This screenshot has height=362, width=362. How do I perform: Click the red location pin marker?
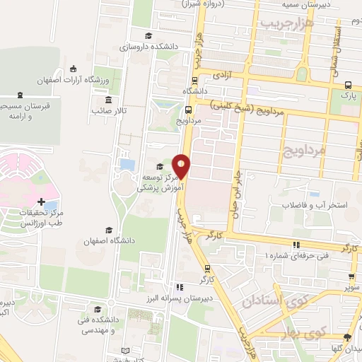[182, 165]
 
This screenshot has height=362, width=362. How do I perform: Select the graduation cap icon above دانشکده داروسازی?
[148, 36]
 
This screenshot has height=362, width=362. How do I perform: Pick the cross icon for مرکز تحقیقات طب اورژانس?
[42, 202]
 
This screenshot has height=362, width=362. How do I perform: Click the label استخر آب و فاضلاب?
[308, 205]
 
